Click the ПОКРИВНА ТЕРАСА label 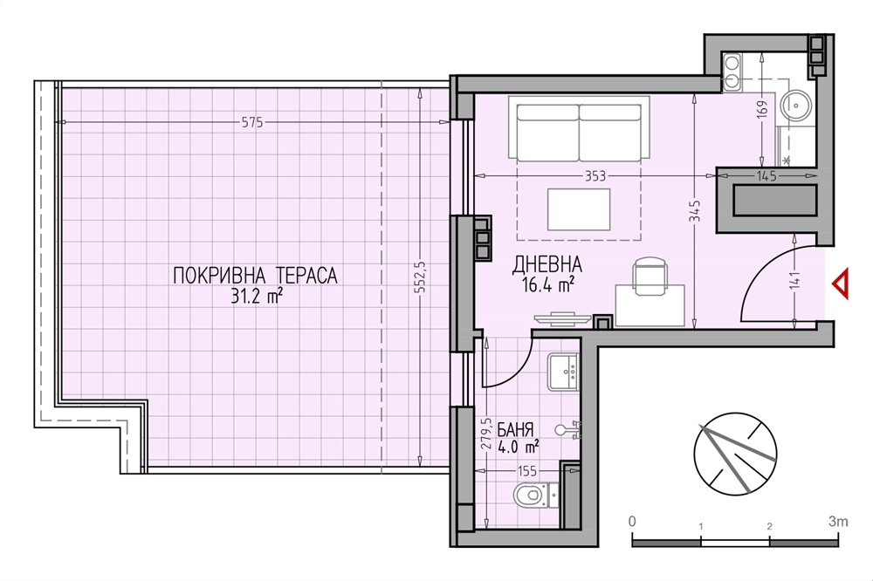[255, 276]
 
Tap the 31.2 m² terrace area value [256, 296]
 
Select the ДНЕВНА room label [546, 265]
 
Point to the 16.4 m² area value [548, 285]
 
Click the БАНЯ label [515, 429]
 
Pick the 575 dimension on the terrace [252, 122]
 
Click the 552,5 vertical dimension [421, 277]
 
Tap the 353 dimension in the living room [595, 176]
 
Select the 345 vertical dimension [694, 211]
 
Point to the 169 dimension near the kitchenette [762, 107]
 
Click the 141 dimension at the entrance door [794, 279]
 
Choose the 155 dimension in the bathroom [526, 471]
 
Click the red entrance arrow [841, 284]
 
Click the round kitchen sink [796, 104]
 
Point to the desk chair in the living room [650, 276]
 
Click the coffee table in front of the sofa [579, 209]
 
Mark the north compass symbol [735, 454]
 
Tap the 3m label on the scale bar [838, 522]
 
